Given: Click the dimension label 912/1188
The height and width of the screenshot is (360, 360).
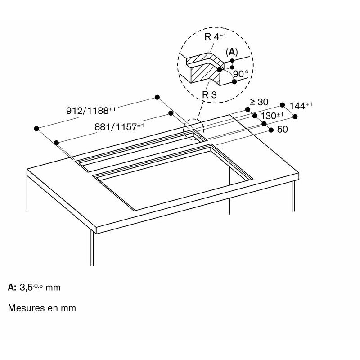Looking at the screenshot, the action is pos(91,110).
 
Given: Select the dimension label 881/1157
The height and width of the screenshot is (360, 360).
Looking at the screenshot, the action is pos(119,126).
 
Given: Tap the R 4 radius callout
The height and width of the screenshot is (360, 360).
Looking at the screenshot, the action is pos(215,36).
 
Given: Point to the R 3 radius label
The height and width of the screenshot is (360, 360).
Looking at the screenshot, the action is pos(209,94).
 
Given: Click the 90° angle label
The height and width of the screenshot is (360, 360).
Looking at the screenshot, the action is pos(241,74).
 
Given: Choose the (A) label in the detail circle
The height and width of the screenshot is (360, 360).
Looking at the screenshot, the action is pos(232,52).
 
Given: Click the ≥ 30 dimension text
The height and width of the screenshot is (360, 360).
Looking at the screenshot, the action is pos(259,102).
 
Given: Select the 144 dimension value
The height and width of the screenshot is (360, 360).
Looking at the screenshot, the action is pos(301,106).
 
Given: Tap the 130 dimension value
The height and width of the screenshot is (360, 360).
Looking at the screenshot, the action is pos(272,116).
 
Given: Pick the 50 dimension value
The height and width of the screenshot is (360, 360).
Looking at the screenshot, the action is pos(283,130).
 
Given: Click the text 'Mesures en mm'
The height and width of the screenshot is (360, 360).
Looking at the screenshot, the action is pos(42,308).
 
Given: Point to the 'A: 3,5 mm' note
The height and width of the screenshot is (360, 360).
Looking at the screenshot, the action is pos(34,287).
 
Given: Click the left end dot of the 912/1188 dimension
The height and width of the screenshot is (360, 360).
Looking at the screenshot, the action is pos(36,129).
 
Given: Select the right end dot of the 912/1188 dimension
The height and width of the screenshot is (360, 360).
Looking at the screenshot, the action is pos(157,97).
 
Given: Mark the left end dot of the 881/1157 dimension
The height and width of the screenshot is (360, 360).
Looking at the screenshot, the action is pos(57,143).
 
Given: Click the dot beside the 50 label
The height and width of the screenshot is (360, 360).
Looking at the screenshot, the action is pos(271,130).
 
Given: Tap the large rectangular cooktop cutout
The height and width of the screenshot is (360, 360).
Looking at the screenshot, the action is pos(173,177).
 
